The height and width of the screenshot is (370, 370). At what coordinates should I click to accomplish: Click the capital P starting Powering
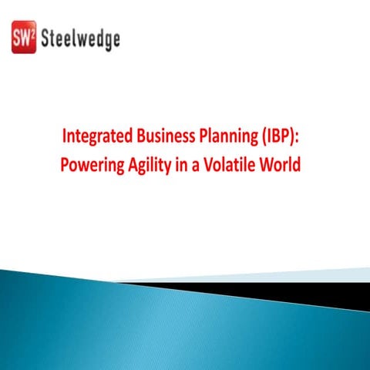[x=65, y=165]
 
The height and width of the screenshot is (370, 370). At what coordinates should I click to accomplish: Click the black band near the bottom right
[x=324, y=292]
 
